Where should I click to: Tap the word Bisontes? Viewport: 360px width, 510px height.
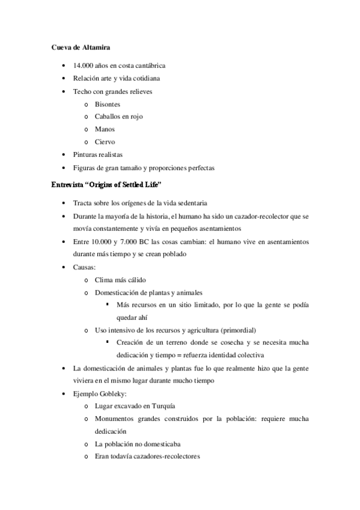[108, 104]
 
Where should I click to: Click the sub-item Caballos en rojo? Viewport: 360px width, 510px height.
[119, 117]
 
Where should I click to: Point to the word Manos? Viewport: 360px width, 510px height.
[105, 129]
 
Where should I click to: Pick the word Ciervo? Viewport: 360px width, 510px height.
[105, 142]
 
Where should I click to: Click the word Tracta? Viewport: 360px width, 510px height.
[82, 203]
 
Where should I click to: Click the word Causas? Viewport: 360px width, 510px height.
[84, 267]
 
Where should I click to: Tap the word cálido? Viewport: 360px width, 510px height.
[135, 280]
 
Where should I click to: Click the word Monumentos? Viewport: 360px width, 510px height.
[115, 419]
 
